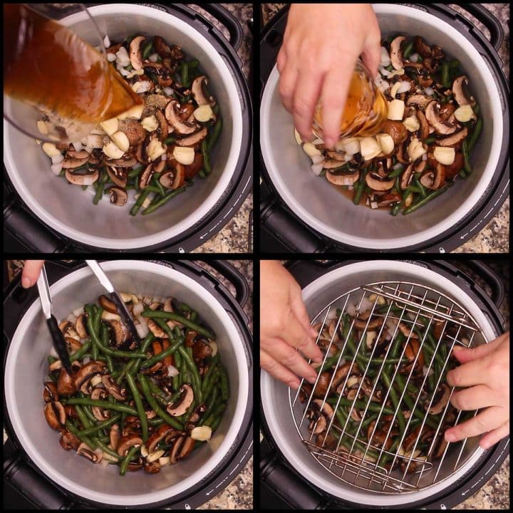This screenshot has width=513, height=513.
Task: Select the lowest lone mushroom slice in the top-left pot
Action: pyautogui.click(x=118, y=196)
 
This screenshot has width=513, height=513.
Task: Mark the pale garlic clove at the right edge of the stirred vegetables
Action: pyautogui.click(x=202, y=432)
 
